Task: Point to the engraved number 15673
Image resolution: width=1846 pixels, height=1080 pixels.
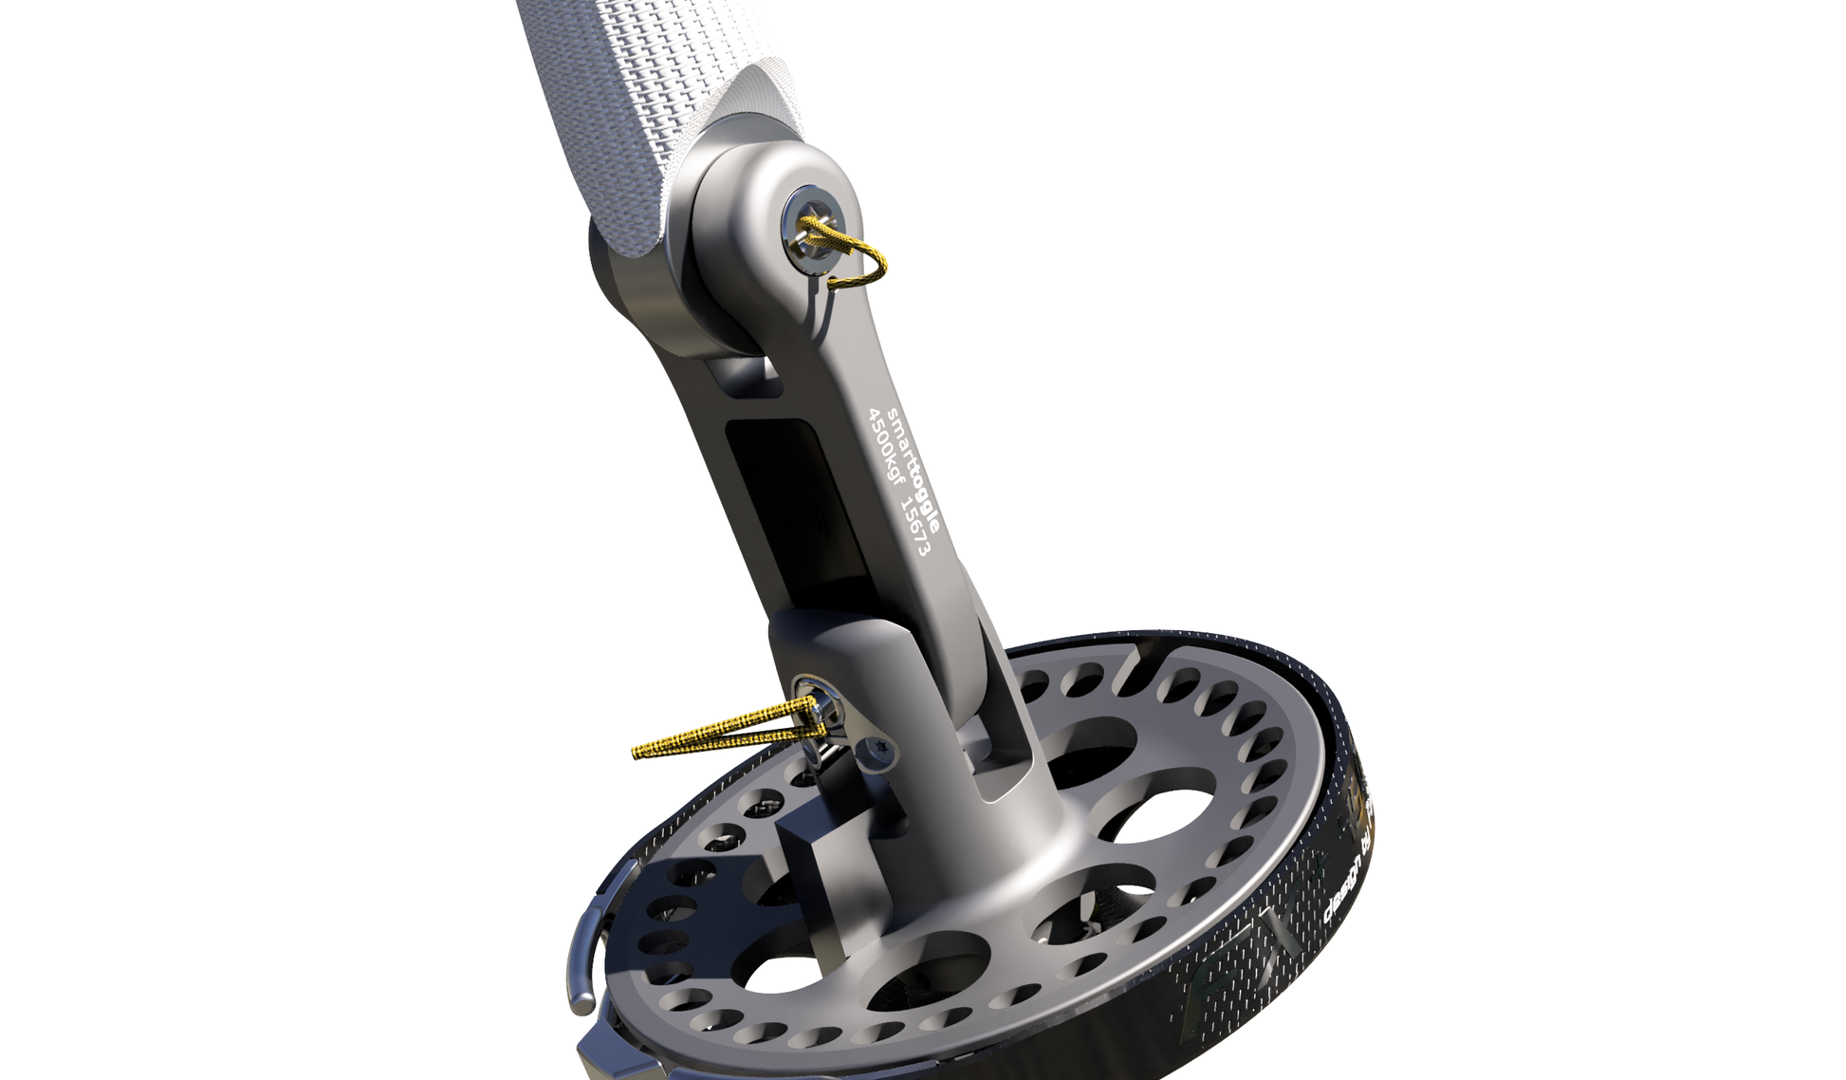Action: pyautogui.click(x=913, y=526)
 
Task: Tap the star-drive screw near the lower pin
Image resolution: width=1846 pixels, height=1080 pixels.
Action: pyautogui.click(x=877, y=753)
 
